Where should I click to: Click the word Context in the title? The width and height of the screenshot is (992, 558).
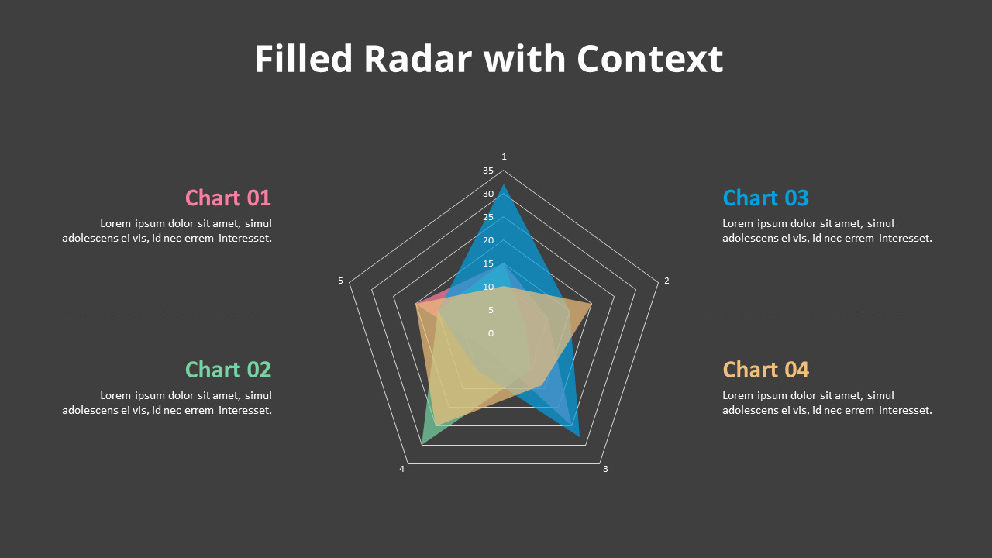tap(649, 59)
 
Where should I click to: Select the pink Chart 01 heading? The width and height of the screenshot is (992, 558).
tap(228, 198)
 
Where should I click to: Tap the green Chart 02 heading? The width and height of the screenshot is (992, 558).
tap(228, 370)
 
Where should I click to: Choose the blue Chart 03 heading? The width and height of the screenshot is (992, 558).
tap(765, 198)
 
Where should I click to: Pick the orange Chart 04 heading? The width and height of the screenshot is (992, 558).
tap(765, 370)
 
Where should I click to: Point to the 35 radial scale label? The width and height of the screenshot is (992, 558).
tap(487, 170)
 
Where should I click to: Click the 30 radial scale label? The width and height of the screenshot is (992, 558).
tap(487, 194)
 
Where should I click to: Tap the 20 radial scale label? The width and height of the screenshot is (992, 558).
tap(487, 240)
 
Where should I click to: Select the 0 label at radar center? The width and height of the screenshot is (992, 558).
tap(491, 333)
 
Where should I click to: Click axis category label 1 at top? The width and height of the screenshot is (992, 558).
tap(504, 157)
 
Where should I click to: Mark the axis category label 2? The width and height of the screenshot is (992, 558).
tap(666, 281)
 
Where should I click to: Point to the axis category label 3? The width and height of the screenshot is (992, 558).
tap(605, 469)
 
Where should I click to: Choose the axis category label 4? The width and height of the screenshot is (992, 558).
tap(401, 469)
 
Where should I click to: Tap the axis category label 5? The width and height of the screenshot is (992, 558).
tap(340, 281)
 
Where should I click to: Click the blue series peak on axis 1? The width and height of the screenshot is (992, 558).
tap(504, 187)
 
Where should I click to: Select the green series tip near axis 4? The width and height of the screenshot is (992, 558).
tap(423, 443)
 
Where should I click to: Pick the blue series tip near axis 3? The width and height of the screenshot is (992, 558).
tap(579, 436)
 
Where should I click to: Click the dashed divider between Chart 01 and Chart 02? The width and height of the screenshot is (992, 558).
tap(172, 312)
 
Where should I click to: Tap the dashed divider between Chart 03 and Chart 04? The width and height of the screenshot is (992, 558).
tap(818, 312)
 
